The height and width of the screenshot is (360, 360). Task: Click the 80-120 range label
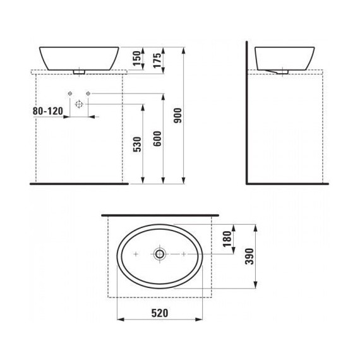tap(49, 111)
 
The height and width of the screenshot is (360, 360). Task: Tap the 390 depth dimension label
tap(250, 257)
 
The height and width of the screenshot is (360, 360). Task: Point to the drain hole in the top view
tap(160, 254)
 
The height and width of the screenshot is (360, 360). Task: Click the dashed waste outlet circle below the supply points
tap(79, 104)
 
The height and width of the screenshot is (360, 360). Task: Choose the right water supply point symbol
tap(88, 95)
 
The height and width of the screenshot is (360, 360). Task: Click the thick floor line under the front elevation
tap(79, 184)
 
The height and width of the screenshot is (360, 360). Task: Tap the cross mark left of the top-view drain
tap(136, 254)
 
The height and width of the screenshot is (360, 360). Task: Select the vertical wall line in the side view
tap(246, 114)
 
